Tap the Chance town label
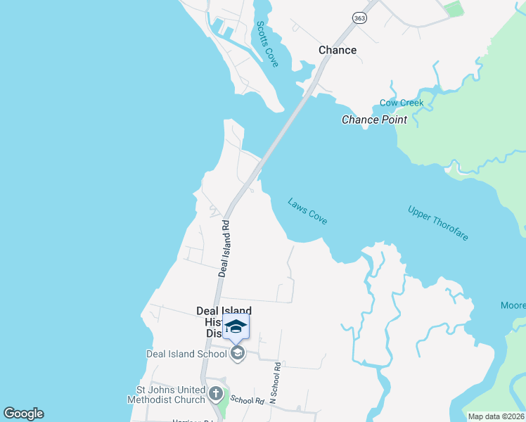click(338, 50)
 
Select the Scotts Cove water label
click(267, 44)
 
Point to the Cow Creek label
click(402, 103)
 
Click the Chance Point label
click(374, 120)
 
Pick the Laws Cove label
click(307, 211)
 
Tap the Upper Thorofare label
click(437, 223)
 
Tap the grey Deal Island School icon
click(238, 353)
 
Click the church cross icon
click(217, 393)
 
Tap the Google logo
click(23, 414)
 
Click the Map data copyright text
click(496, 416)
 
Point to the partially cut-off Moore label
click(513, 305)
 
